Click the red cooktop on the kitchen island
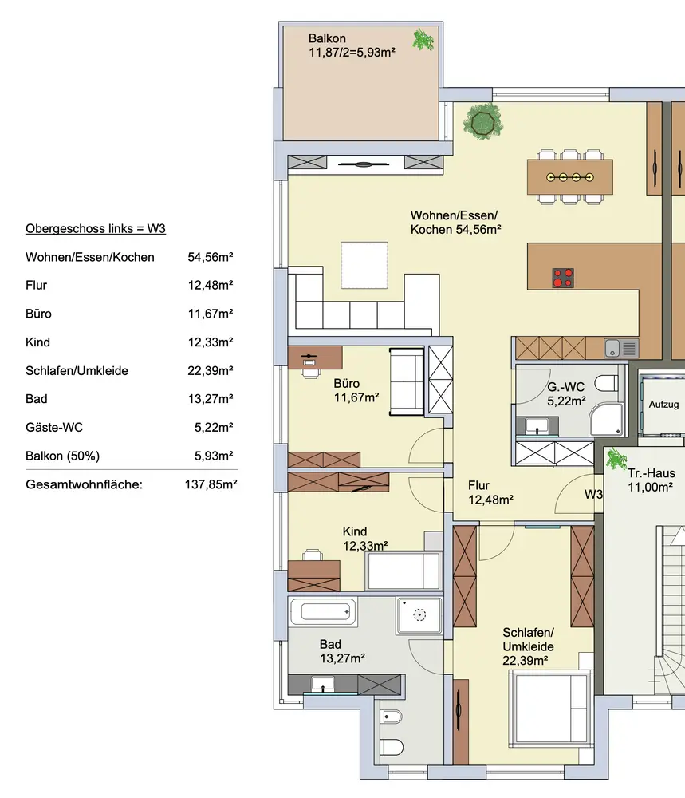[x=563, y=278]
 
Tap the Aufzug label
[x=663, y=405]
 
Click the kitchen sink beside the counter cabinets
[x=621, y=348]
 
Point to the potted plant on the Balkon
[x=423, y=40]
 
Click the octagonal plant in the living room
[x=482, y=121]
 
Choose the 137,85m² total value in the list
[x=211, y=484]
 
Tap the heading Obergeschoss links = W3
[x=96, y=228]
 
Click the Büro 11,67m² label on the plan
[x=356, y=390]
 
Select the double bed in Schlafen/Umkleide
[x=551, y=709]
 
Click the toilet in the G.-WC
[x=606, y=383]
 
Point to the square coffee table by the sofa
[x=364, y=265]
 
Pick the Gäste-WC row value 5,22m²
[x=214, y=427]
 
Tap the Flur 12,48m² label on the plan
[x=490, y=492]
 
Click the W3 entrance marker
[x=593, y=494]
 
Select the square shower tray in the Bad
[x=419, y=615]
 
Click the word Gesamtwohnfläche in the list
[x=84, y=484]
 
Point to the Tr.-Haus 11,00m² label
[x=651, y=480]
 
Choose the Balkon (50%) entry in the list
[x=62, y=456]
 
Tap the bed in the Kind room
[x=403, y=571]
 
